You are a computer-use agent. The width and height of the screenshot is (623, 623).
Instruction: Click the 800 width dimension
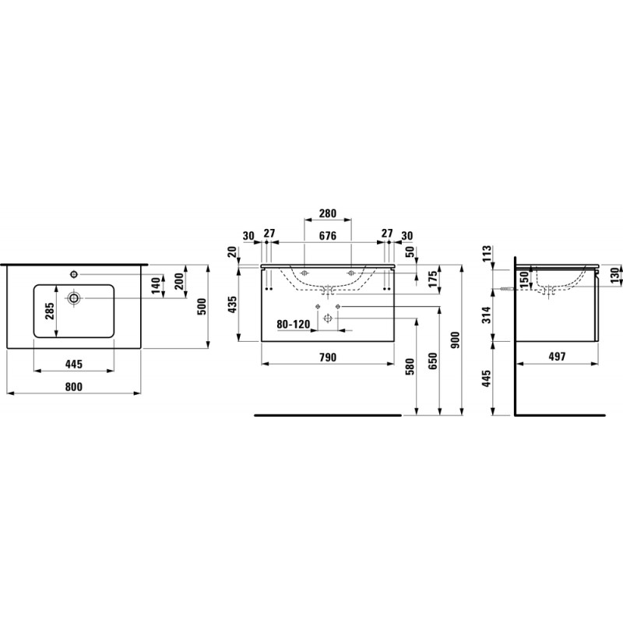74,386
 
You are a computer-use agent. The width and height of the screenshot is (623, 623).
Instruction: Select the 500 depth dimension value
202,306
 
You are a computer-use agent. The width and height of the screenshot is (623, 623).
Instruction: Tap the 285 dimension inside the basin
49,311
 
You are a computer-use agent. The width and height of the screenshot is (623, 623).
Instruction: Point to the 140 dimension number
157,286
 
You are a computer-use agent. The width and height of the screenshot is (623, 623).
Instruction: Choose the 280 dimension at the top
328,213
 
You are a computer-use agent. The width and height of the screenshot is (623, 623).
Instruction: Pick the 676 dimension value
328,236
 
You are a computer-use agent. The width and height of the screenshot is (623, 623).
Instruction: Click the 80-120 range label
294,325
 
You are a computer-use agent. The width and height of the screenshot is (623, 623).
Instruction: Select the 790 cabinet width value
328,357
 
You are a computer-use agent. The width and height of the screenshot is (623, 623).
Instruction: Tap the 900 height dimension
456,340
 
